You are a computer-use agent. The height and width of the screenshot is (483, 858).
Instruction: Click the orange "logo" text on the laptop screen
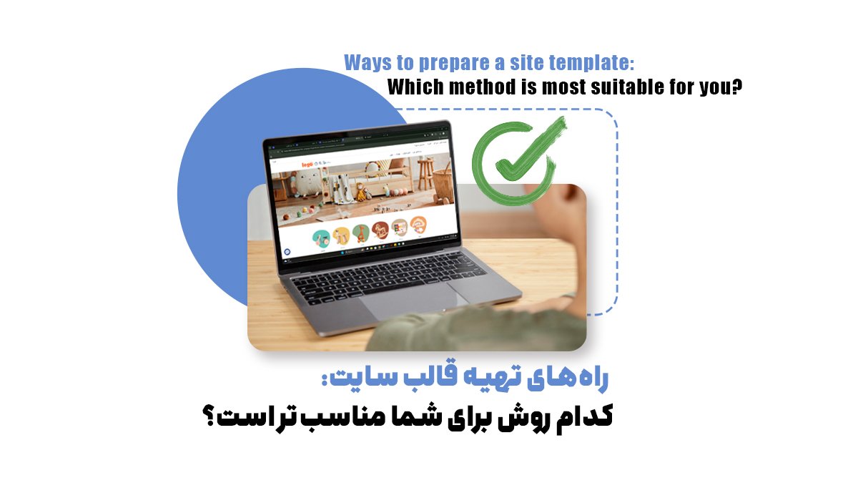308,165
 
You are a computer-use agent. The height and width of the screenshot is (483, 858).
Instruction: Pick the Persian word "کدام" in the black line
579,419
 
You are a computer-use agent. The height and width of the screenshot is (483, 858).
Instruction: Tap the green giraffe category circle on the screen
342,235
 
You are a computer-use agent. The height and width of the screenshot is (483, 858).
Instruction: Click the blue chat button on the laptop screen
287,253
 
